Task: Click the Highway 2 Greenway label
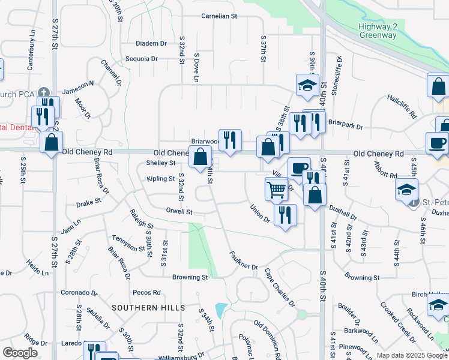click(x=378, y=31)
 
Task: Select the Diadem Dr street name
click(x=151, y=44)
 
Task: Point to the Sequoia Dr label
click(x=142, y=59)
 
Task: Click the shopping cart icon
click(x=276, y=190)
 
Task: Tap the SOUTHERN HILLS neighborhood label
click(x=148, y=307)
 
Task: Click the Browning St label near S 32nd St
click(x=190, y=278)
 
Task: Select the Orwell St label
click(x=179, y=212)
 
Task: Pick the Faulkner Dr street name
click(x=244, y=259)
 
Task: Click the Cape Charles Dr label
click(x=280, y=287)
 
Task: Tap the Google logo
click(x=20, y=353)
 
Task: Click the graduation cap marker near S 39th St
click(x=307, y=85)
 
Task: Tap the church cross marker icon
click(x=43, y=92)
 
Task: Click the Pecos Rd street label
click(x=147, y=293)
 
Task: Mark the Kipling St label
click(x=161, y=179)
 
